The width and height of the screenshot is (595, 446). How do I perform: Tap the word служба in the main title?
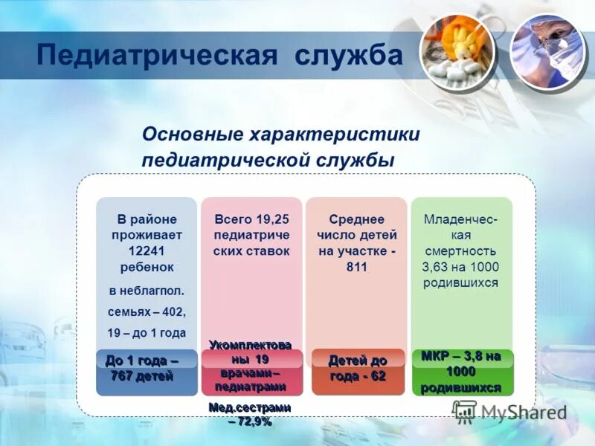tap(348, 56)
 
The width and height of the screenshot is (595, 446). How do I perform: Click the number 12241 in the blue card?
tap(147, 251)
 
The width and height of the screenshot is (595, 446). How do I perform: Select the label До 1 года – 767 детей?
tap(142, 368)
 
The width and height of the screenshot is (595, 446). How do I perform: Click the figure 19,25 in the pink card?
tap(272, 219)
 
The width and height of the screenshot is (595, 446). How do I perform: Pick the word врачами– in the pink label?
tap(251, 372)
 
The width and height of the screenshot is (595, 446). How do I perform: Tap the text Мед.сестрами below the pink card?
tap(250, 407)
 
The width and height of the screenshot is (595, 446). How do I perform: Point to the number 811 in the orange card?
tap(356, 267)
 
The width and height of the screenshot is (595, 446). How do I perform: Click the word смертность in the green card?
tap(460, 251)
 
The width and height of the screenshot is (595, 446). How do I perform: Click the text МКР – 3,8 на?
tap(460, 356)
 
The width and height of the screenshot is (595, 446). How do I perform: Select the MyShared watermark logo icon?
tap(465, 411)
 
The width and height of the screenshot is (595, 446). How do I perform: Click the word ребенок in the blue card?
tap(147, 266)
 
